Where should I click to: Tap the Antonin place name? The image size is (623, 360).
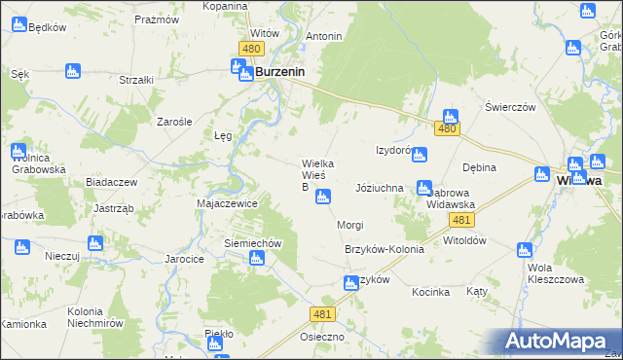[x=324, y=37]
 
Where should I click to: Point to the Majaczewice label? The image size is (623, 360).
[x=227, y=204]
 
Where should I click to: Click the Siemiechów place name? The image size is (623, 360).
[x=253, y=243]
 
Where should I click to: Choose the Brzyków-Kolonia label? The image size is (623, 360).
[x=385, y=249]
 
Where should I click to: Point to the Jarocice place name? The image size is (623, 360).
[x=184, y=260]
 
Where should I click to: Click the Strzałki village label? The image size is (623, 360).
[x=136, y=80]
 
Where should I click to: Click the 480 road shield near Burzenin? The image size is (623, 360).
[x=251, y=49]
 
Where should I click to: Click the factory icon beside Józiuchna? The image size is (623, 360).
[x=422, y=188]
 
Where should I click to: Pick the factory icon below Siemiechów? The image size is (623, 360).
[x=256, y=259]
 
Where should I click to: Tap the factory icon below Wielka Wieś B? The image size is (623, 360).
[x=322, y=198]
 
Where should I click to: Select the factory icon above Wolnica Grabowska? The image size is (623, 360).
[x=18, y=151]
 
